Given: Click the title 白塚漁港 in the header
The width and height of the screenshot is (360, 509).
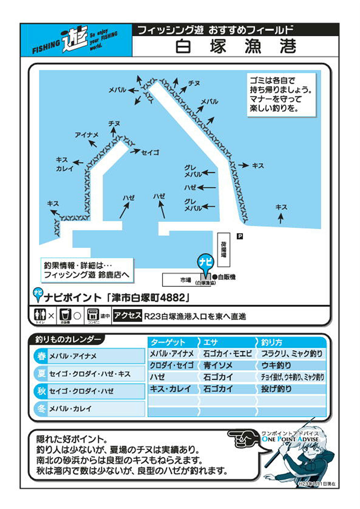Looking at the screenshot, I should coord(235,46).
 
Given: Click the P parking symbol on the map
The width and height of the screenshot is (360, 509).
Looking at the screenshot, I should coord(240,236).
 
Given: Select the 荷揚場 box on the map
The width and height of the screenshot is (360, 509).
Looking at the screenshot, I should coord(224,249).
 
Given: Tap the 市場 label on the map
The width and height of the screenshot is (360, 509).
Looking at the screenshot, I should coord(185,280).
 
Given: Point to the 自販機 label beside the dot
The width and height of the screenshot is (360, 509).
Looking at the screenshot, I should coord(226,277).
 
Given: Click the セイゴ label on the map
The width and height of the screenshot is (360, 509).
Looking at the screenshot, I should coord(150,153).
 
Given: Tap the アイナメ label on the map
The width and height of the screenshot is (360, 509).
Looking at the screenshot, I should coord(86,135).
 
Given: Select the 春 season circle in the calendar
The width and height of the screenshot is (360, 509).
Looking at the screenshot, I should coord(41,356).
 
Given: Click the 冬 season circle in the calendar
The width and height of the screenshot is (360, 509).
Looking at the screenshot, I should coord(41,409).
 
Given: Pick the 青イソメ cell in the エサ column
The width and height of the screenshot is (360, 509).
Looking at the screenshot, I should coord(218,365).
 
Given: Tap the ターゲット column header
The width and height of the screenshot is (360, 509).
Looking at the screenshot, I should coord(168,342).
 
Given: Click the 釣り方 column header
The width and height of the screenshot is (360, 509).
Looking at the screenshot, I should coord(272,342).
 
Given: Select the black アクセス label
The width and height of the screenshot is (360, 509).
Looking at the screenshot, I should coord(127,315).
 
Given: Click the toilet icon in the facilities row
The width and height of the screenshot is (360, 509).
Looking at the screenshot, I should coord(40,315).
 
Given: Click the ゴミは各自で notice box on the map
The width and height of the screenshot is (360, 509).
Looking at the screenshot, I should coord(281,95).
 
